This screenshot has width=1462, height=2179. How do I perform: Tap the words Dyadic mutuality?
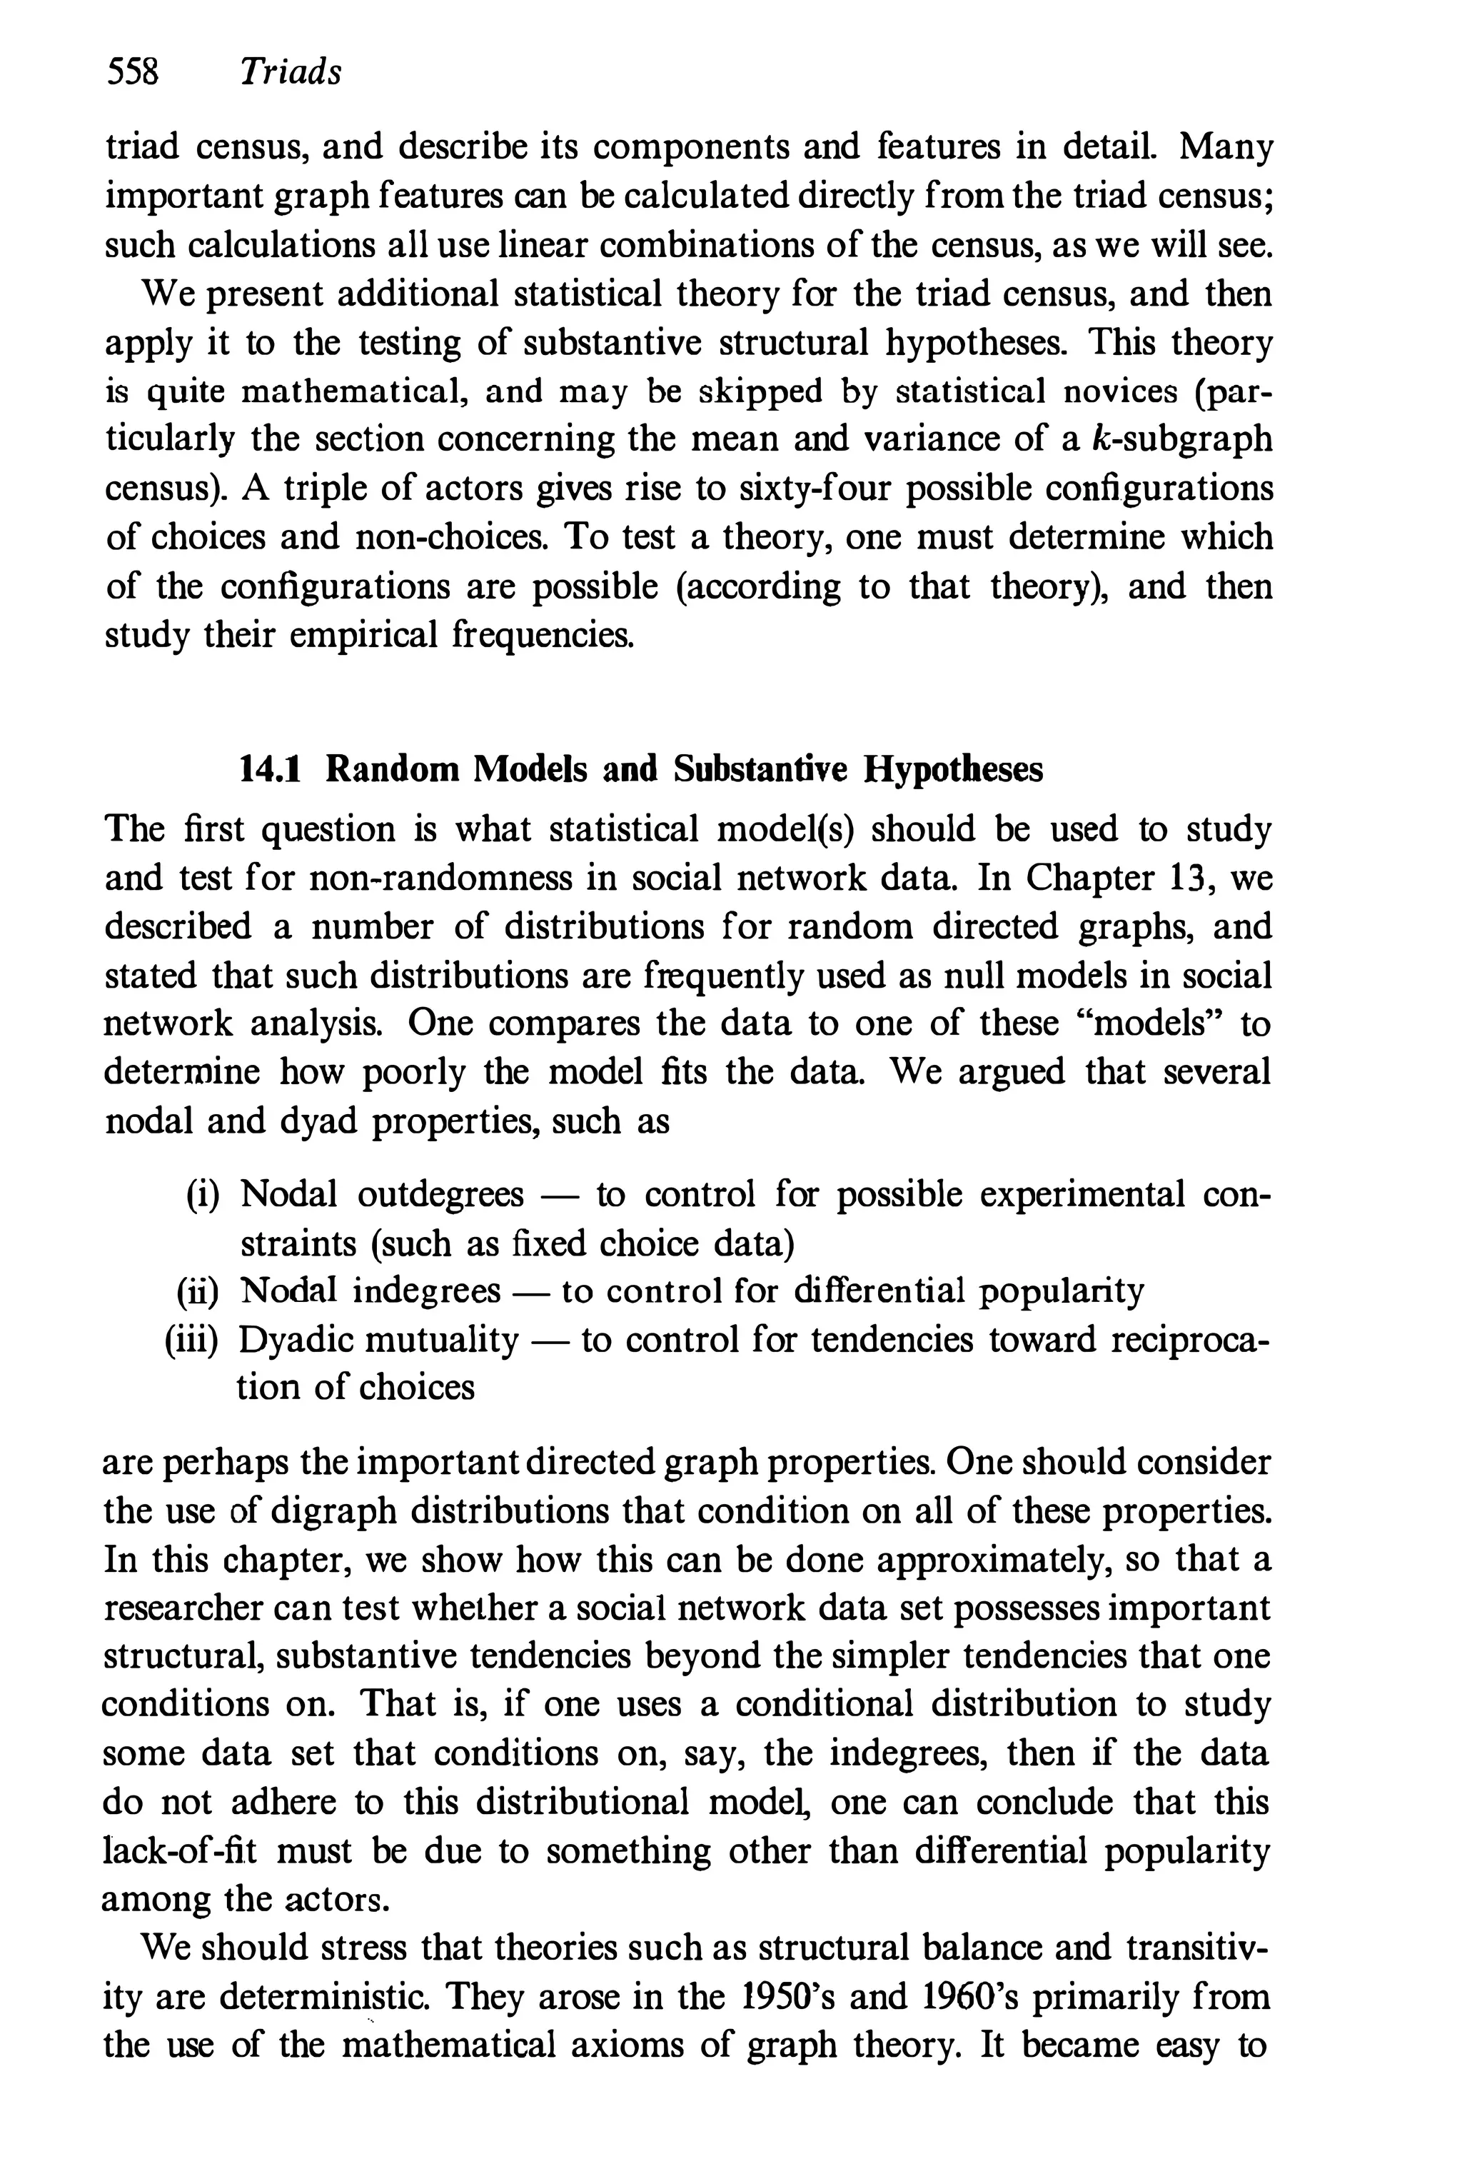point(378,1341)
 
